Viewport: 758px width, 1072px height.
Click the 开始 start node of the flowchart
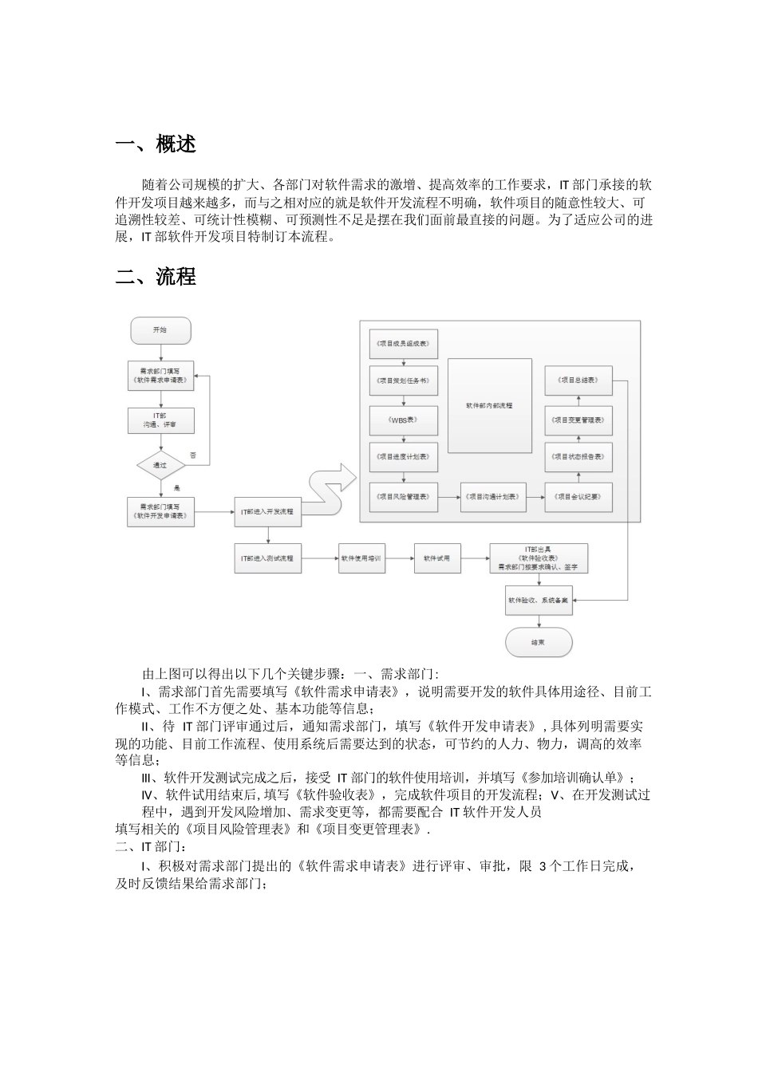point(160,329)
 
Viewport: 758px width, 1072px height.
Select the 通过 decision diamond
point(160,465)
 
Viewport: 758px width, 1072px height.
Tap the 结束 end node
point(538,642)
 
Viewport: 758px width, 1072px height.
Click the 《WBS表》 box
point(404,419)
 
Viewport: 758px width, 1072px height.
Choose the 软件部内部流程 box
point(489,405)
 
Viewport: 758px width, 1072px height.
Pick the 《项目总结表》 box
point(578,380)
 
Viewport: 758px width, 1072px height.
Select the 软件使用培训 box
point(361,558)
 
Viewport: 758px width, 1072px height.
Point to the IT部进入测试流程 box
point(267,558)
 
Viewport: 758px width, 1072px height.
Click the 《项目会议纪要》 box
point(578,496)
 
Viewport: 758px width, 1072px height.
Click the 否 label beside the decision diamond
point(193,455)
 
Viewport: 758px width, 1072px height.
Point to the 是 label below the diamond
point(177,487)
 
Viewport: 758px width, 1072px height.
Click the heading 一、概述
point(156,144)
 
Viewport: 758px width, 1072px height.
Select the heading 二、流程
point(156,277)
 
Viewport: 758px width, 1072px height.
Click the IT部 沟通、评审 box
point(160,420)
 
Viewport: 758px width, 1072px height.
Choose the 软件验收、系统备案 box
point(538,600)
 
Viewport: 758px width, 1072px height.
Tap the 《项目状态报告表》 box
point(578,457)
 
